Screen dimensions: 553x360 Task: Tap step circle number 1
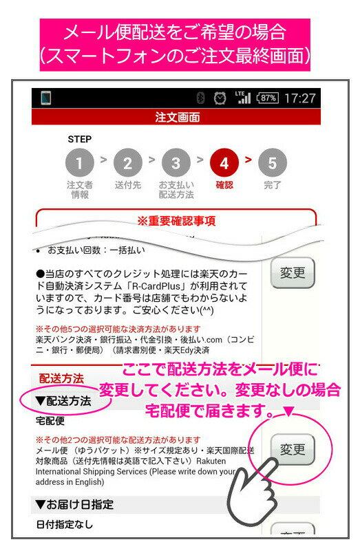[x=80, y=163]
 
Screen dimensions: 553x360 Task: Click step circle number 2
[x=127, y=163]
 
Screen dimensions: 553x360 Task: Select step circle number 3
[x=176, y=163]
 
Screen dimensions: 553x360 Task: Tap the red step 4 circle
[x=224, y=163]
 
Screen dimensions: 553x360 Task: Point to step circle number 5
[x=273, y=163]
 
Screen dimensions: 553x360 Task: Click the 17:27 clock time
[x=299, y=98]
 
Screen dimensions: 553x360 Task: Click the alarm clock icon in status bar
[x=220, y=98]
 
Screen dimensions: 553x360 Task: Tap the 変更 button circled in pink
[x=292, y=449]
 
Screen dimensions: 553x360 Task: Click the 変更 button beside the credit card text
[x=292, y=273]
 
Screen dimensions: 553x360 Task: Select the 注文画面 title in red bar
[x=177, y=117]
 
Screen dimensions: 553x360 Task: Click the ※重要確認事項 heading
[x=176, y=221]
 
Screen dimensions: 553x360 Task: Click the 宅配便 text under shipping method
[x=50, y=420]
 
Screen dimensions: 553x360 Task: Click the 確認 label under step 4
[x=224, y=185]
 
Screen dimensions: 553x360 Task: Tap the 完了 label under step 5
[x=273, y=185]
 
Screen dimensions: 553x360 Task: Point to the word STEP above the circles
[x=79, y=139]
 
